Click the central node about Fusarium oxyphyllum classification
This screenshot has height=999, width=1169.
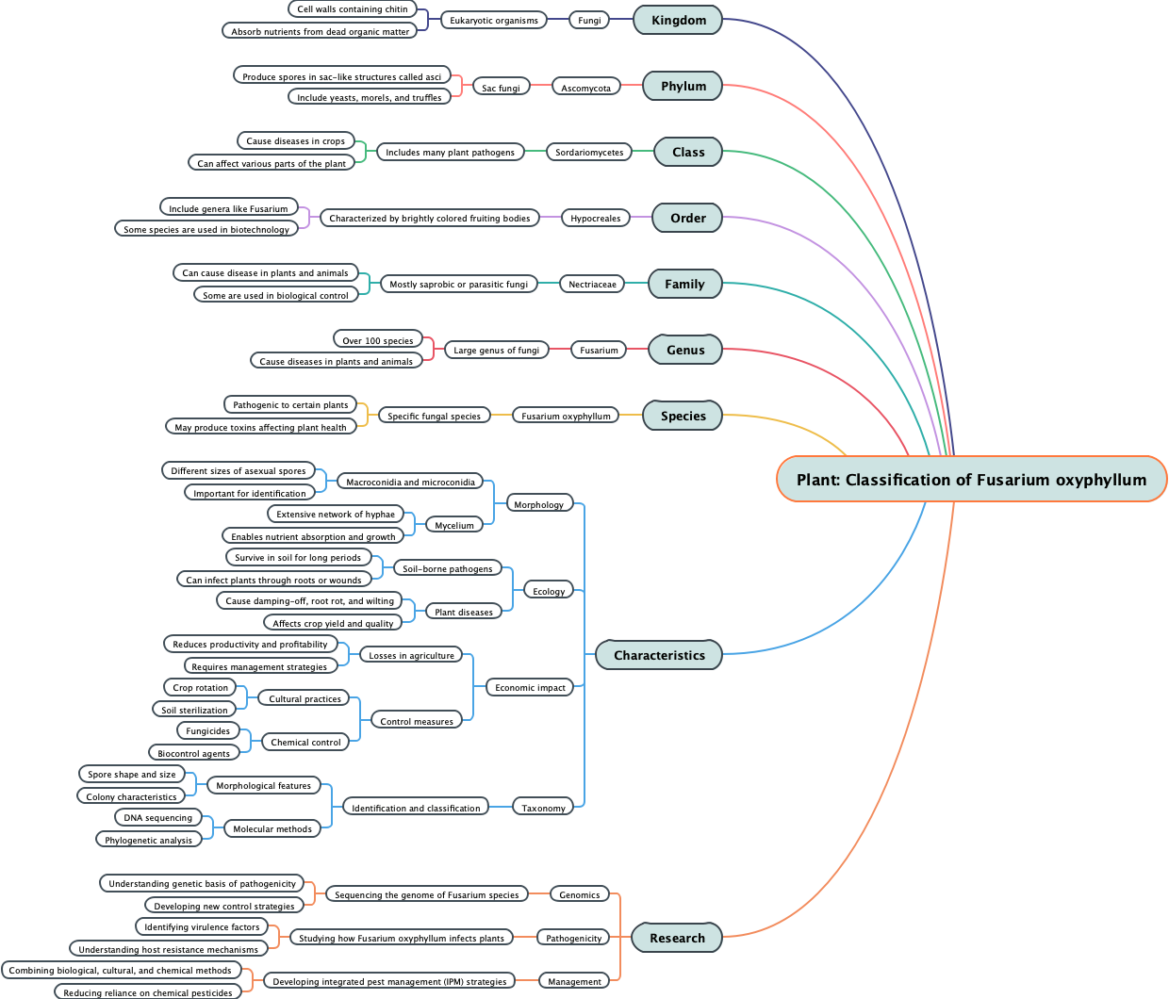[x=971, y=480]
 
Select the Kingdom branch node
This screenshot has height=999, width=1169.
[x=678, y=20]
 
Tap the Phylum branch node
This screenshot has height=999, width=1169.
[x=683, y=86]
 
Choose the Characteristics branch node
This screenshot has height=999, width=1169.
[x=659, y=655]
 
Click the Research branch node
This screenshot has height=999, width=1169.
[x=677, y=938]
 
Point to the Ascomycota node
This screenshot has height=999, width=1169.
[x=585, y=88]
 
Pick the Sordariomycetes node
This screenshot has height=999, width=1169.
[x=588, y=152]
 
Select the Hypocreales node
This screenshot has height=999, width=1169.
[x=595, y=218]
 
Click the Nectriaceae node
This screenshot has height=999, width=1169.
[x=592, y=284]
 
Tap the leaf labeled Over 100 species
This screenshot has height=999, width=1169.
[x=377, y=340]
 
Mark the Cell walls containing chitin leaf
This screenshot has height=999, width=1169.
[x=353, y=8]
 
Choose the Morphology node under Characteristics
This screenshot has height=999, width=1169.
[x=538, y=504]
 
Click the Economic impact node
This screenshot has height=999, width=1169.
[x=530, y=687]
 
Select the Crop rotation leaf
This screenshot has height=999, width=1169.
[x=200, y=687]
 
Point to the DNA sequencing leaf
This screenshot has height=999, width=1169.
[x=157, y=817]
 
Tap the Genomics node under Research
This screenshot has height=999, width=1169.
[x=579, y=894]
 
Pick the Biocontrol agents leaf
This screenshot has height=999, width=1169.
[x=193, y=753]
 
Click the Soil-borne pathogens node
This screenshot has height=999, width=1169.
[x=447, y=568]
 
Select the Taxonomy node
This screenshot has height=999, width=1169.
[x=543, y=808]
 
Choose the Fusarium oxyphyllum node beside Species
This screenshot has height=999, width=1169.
[x=566, y=416]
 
